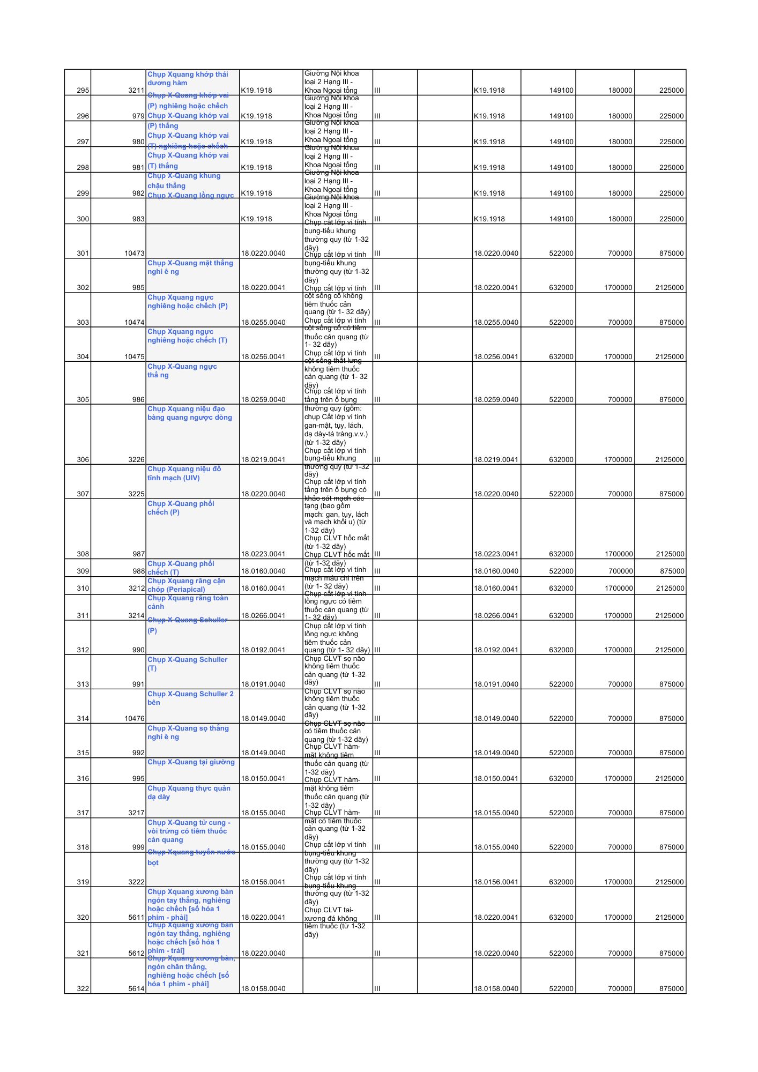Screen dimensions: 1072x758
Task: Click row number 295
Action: click(83, 91)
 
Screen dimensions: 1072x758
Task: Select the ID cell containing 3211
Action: click(136, 91)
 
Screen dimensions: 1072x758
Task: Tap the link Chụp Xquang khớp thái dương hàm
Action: click(187, 79)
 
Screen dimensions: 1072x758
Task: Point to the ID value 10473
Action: click(135, 254)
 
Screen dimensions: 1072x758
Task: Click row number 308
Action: click(83, 554)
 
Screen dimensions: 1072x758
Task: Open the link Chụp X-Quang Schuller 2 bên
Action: click(190, 698)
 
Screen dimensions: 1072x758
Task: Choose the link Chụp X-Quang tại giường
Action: click(191, 762)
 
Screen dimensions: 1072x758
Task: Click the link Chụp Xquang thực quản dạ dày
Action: click(189, 793)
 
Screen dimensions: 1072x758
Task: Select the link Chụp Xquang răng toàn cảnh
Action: click(188, 602)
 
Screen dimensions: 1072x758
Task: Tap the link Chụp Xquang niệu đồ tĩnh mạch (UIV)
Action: click(184, 473)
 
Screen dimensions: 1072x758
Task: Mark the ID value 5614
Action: click(136, 989)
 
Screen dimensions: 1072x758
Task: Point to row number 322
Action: click(83, 989)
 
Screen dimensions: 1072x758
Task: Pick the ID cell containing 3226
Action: click(136, 460)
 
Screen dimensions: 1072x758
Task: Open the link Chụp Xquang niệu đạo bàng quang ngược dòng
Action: click(190, 413)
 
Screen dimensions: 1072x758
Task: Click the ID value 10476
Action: click(135, 719)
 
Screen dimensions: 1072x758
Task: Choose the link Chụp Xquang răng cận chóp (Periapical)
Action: click(186, 585)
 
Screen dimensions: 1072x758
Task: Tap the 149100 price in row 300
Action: click(561, 219)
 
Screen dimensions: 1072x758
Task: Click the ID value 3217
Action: click(136, 813)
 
